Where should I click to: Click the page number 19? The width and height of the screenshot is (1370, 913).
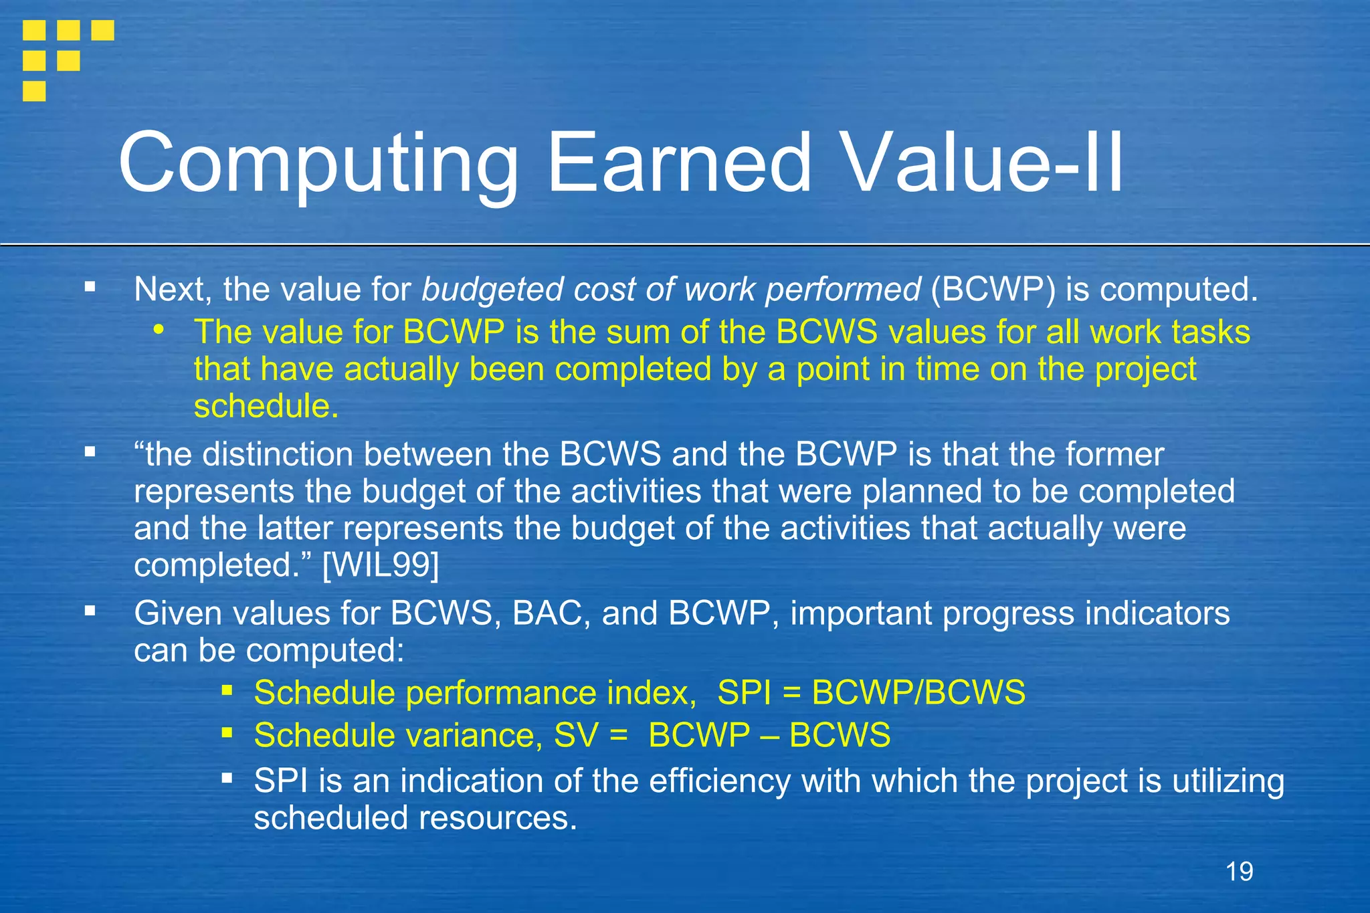pyautogui.click(x=1239, y=872)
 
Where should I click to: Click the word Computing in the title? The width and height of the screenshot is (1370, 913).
pyautogui.click(x=318, y=164)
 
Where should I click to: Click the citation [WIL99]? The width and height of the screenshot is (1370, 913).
pyautogui.click(x=381, y=565)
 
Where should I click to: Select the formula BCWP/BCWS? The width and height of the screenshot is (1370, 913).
pyautogui.click(x=918, y=692)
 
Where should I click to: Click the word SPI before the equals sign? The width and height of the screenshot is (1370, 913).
pyautogui.click(x=744, y=692)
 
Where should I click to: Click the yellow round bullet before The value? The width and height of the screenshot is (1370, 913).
pyautogui.click(x=159, y=329)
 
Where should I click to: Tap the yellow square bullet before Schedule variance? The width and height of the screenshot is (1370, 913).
pyautogui.click(x=227, y=733)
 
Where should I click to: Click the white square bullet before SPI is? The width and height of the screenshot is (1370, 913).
pyautogui.click(x=227, y=778)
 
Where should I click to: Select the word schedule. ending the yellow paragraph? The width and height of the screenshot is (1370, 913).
pyautogui.click(x=266, y=407)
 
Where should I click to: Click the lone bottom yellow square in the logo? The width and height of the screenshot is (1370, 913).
pyautogui.click(x=34, y=91)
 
